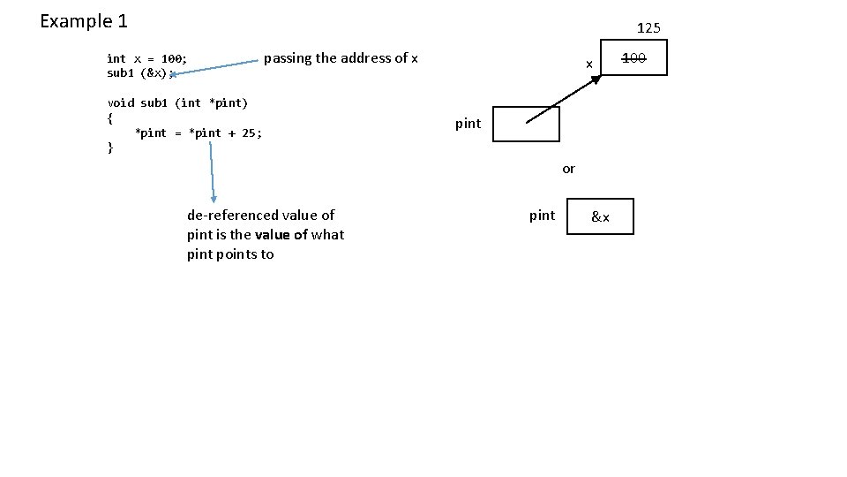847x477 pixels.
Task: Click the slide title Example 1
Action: point(84,20)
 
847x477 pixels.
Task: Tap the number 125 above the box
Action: point(648,28)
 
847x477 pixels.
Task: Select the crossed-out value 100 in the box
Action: point(633,58)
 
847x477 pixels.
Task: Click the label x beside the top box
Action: point(588,64)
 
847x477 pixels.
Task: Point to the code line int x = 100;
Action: point(146,58)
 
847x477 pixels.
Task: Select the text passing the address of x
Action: point(341,58)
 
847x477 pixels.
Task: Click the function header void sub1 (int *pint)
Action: point(177,102)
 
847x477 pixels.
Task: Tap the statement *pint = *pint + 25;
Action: point(199,132)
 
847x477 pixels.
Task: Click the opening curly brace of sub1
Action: point(110,117)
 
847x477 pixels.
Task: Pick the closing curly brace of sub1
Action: point(110,148)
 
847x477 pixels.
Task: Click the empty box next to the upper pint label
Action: point(526,125)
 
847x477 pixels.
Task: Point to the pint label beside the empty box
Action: point(468,124)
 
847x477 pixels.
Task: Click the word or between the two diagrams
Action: point(568,169)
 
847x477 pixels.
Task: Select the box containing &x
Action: point(600,216)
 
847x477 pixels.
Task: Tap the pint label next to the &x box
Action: point(542,216)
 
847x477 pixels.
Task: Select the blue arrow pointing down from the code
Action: point(212,172)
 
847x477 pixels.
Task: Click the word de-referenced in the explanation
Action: point(230,215)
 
